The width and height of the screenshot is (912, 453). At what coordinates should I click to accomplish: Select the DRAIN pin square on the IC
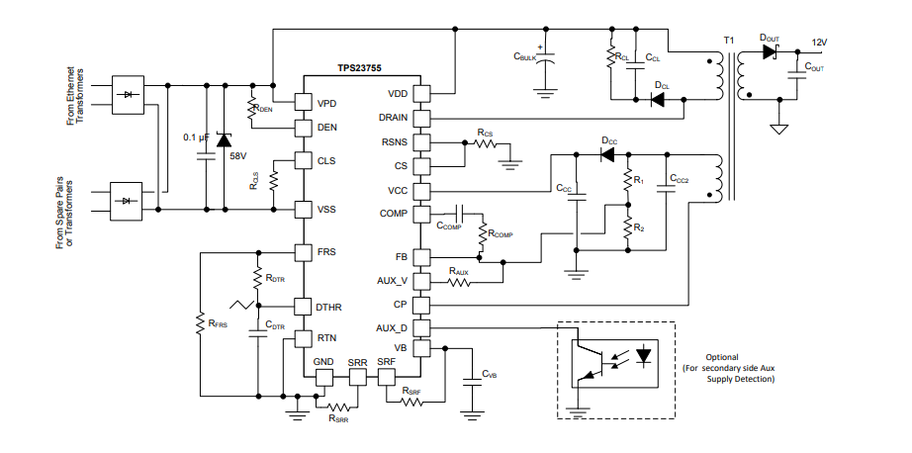point(421,118)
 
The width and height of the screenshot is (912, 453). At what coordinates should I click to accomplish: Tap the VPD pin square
point(303,102)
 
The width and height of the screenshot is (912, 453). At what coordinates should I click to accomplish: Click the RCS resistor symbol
point(485,142)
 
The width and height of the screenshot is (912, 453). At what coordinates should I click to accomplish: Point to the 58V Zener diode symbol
point(226,139)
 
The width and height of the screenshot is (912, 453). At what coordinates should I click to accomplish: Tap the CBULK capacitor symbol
point(543,62)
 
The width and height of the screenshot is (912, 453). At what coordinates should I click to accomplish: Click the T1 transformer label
point(729,41)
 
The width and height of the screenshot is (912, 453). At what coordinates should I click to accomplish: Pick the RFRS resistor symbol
point(201,322)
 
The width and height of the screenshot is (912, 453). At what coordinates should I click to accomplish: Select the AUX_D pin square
point(421,327)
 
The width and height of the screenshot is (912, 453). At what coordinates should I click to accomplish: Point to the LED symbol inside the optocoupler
point(645,355)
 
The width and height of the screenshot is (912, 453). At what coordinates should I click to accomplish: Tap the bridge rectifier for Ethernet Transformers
point(128,94)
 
